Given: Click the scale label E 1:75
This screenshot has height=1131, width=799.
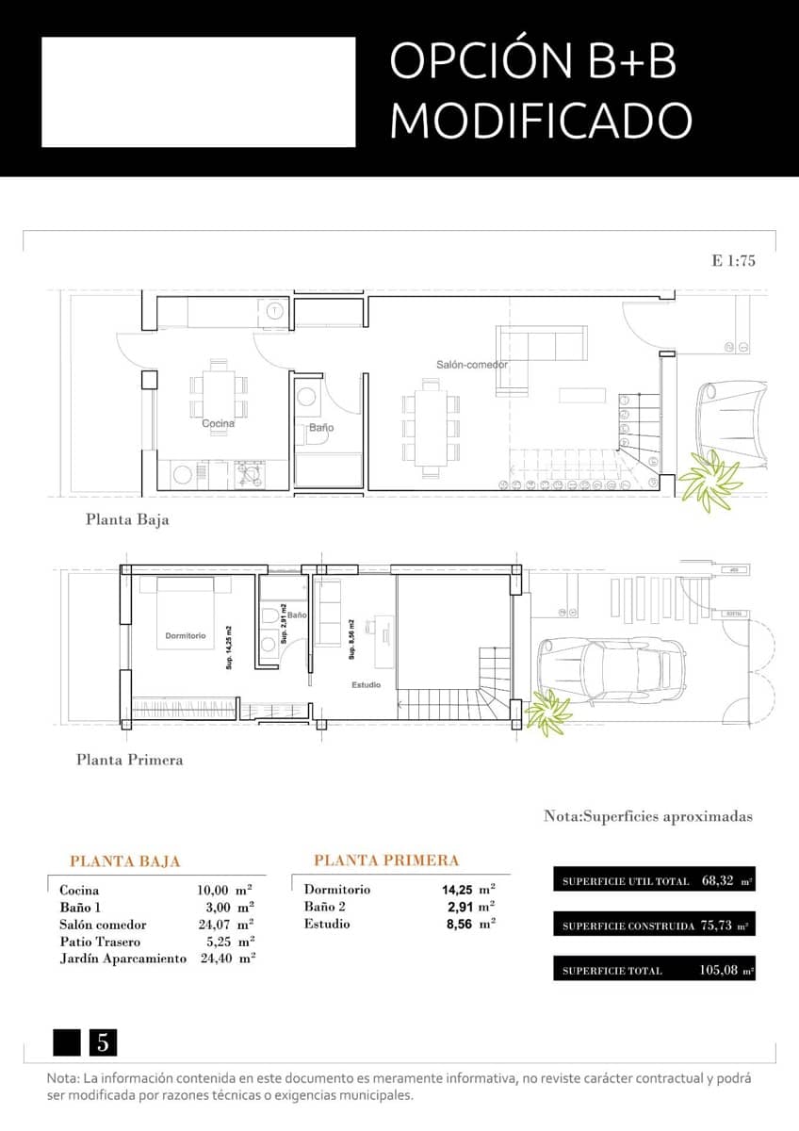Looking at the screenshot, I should (734, 261).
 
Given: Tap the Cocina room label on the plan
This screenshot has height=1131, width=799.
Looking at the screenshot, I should (218, 423).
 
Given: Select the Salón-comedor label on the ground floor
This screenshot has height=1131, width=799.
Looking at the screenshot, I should (471, 364).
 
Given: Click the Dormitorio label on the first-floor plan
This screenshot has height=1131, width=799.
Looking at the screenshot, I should (185, 636).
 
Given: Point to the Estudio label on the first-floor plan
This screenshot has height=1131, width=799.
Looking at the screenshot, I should (366, 684).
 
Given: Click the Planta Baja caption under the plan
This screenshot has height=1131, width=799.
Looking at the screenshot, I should (127, 518).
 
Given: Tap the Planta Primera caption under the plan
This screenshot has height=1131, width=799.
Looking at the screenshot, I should (129, 760).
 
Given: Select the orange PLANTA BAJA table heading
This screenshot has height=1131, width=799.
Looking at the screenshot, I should (124, 861).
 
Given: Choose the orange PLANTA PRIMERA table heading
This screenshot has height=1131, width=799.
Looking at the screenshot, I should (386, 860).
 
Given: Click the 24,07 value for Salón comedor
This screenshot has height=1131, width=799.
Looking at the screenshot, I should (212, 925).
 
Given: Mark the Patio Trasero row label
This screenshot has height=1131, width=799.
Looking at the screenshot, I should (100, 942).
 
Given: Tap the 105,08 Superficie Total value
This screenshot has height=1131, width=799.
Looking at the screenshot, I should (720, 970).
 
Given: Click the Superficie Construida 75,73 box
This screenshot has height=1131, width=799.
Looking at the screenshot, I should (654, 926).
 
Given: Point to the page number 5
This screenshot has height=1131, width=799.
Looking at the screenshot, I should (103, 1042).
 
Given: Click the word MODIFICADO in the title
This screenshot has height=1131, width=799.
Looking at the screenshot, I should (541, 121).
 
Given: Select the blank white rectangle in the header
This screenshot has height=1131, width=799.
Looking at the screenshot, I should (198, 92).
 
